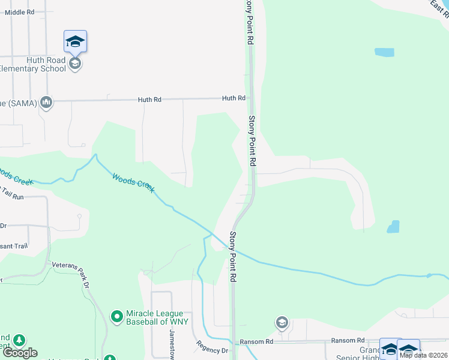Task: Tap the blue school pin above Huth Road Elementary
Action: click(75, 41)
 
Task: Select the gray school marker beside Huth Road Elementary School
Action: click(75, 63)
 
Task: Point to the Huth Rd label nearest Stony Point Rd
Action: click(234, 98)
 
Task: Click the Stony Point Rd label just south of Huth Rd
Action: click(253, 141)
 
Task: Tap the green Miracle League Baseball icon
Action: click(118, 315)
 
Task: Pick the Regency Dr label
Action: click(212, 347)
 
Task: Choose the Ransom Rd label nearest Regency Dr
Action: click(256, 341)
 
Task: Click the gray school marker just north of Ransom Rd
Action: click(281, 323)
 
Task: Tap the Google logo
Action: click(20, 353)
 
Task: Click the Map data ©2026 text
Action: click(424, 355)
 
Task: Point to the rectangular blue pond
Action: click(384, 52)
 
